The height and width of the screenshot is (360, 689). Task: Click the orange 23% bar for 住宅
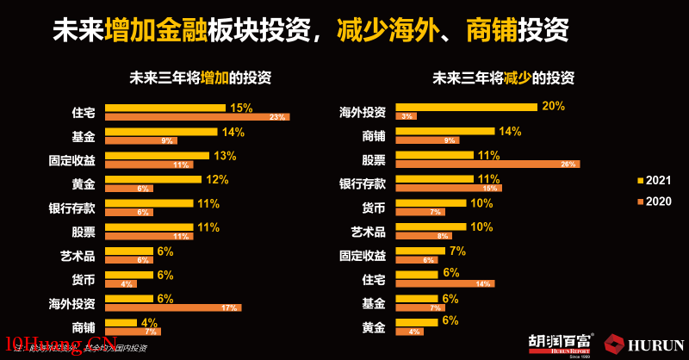point(197,116)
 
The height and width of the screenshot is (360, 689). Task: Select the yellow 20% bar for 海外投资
point(466,107)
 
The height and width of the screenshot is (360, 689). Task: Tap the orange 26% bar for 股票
point(487,164)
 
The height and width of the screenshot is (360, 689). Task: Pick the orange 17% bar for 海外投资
point(173,307)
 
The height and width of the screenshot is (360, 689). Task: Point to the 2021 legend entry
point(654,180)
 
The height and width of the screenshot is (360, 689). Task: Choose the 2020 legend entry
point(654,201)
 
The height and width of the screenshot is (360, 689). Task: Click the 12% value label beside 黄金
point(217,179)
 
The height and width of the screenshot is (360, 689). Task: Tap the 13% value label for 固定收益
point(225,156)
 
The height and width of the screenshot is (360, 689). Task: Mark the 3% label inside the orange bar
point(406,116)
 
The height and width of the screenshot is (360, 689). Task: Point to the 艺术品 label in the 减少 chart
point(368,232)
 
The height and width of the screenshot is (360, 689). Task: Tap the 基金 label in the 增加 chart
point(84,136)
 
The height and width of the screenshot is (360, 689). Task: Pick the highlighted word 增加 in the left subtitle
point(214,78)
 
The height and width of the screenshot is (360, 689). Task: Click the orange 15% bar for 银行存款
point(448,188)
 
